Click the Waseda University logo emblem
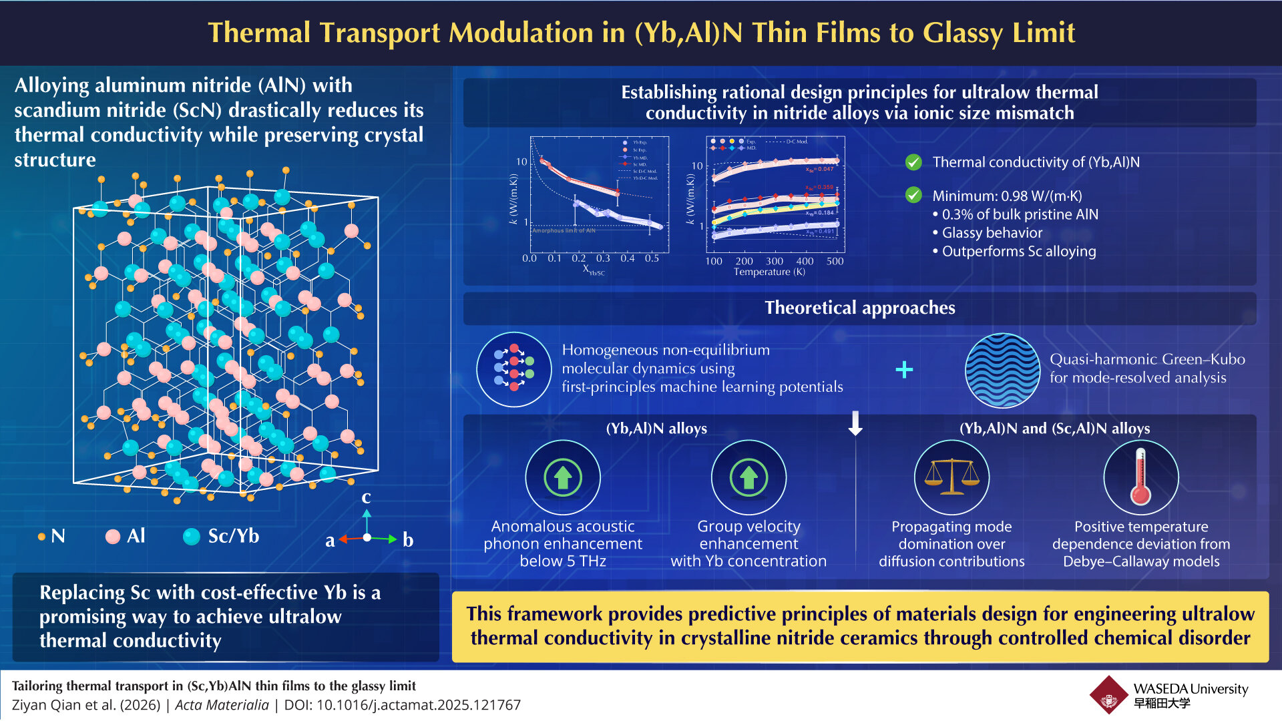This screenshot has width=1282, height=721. click(x=1109, y=695)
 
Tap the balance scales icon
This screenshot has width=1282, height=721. click(x=951, y=477)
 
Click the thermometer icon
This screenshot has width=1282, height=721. click(x=1140, y=477)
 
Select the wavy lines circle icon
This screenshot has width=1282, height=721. click(x=1002, y=369)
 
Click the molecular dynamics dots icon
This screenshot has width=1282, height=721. click(x=513, y=369)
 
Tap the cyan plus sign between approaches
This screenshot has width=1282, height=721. click(x=904, y=369)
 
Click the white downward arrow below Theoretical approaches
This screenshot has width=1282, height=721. click(x=855, y=423)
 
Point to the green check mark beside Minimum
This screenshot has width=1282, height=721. click(x=913, y=195)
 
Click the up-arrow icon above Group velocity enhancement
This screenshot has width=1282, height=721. click(x=749, y=477)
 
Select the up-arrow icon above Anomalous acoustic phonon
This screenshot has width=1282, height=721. click(x=563, y=477)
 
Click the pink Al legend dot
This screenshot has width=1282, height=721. click(x=113, y=537)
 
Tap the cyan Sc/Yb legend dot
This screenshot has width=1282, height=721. click(x=192, y=537)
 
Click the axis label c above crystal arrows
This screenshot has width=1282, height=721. click(x=366, y=497)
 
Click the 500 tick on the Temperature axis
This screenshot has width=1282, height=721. click(x=835, y=261)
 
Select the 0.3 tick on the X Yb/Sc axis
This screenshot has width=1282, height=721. click(x=603, y=258)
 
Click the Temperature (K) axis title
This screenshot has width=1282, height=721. click(x=769, y=272)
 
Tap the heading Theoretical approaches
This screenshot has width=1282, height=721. click(x=859, y=308)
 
